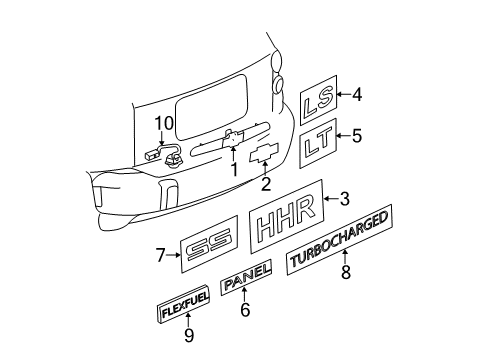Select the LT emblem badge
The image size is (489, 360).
click(x=319, y=145)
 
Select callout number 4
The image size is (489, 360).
click(x=357, y=96)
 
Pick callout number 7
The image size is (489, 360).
click(x=161, y=255)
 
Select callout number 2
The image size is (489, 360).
click(x=265, y=183)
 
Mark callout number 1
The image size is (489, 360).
click(x=233, y=169)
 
